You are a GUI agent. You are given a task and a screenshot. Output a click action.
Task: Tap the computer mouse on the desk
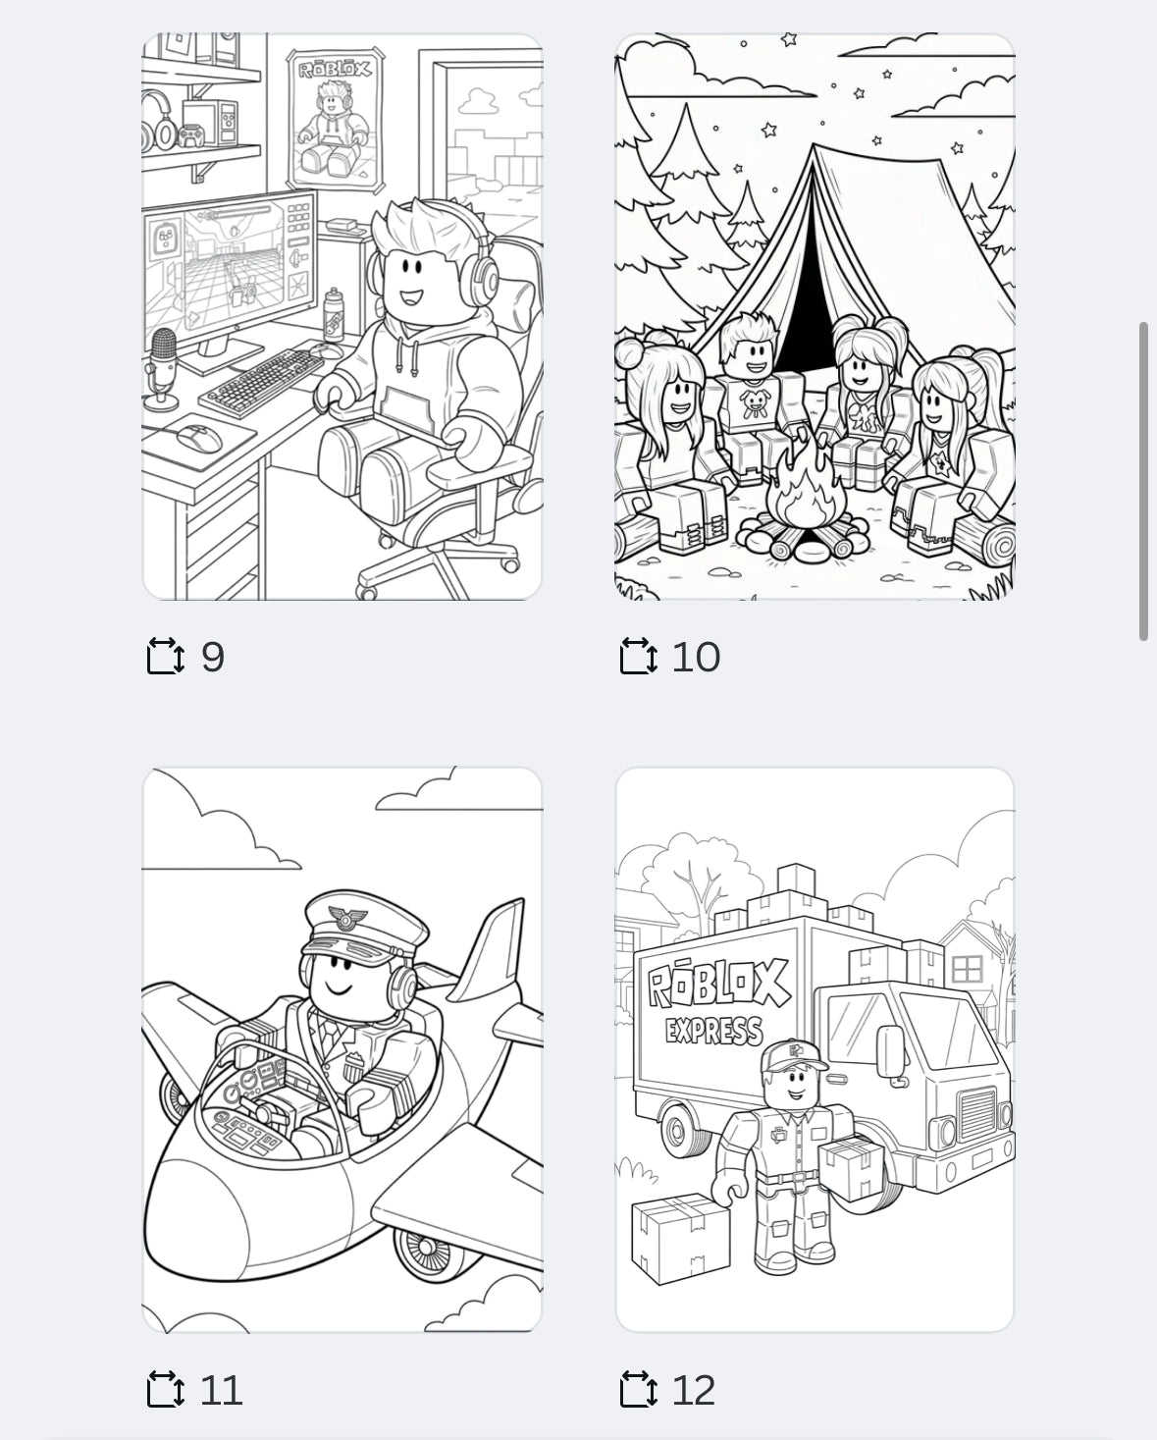[x=202, y=437]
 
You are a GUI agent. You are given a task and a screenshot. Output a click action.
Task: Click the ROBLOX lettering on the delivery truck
[x=718, y=985]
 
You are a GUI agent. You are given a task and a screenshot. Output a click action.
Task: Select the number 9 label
[x=213, y=657]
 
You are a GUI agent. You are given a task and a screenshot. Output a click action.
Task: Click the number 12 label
[x=694, y=1390]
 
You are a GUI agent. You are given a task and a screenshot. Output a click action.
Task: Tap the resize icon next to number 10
[x=638, y=656]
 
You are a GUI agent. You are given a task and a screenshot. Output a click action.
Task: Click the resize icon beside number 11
[x=165, y=1390]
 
